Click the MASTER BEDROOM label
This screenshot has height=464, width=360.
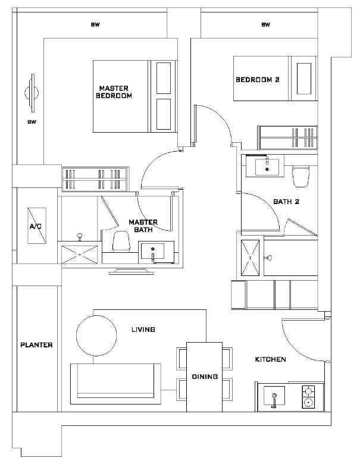click(114, 92)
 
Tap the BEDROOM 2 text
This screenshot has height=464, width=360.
click(257, 79)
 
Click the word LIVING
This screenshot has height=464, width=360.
click(143, 329)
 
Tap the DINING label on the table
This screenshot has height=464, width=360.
click(204, 377)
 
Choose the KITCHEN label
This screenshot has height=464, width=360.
click(271, 359)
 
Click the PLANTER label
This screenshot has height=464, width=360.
click(36, 345)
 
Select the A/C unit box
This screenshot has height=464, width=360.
click(36, 227)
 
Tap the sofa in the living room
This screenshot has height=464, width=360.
click(115, 381)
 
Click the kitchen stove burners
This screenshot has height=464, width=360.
click(308, 397)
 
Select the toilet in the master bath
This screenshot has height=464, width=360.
click(121, 241)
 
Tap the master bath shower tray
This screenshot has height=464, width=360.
click(79, 254)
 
